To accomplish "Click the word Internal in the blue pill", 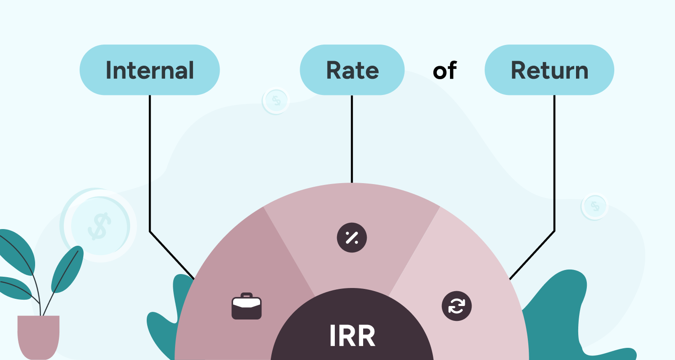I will point(149,70).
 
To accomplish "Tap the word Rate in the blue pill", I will point(352,70).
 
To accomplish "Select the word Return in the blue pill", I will point(549,70).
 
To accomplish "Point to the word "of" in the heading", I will point(445,71).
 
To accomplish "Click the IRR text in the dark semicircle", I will point(352,336).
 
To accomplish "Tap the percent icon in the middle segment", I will point(352,237).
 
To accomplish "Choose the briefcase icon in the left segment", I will point(247,306).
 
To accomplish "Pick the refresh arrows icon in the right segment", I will point(456,306).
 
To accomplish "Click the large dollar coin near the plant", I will point(99,225).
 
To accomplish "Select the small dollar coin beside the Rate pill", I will point(276,101).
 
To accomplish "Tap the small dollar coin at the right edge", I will point(595,207).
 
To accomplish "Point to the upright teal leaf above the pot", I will point(67,270).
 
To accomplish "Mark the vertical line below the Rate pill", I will point(352,139).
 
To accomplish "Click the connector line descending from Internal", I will point(150,162).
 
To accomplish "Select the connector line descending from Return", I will point(554,162).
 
